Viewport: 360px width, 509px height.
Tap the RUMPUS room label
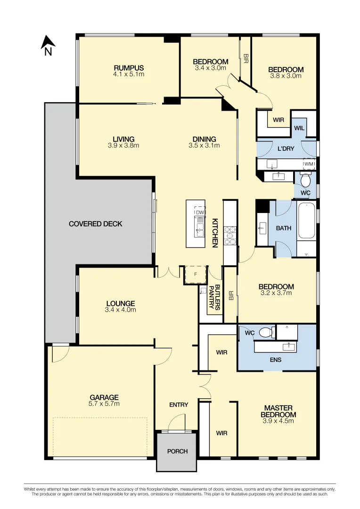[x=129, y=68]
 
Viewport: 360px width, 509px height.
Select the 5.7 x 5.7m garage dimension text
[x=104, y=404]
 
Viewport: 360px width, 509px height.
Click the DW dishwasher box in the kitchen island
[x=200, y=213]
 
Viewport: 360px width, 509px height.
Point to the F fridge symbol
[x=195, y=274]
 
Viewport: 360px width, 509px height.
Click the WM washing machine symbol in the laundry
[x=309, y=164]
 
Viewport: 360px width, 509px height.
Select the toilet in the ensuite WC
[x=267, y=332]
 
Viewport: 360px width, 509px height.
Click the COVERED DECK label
[x=95, y=224]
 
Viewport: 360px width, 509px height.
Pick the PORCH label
[x=177, y=451]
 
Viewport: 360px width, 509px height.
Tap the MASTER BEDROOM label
[x=278, y=411]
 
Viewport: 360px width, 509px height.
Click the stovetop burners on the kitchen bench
[x=229, y=235]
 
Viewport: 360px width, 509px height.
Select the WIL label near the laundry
[x=299, y=128]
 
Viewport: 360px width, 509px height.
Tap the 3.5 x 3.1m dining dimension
[x=204, y=146]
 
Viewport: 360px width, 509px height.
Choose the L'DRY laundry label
[x=286, y=148]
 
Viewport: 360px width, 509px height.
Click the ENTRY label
[x=179, y=404]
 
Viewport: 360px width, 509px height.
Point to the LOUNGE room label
[x=120, y=304]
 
